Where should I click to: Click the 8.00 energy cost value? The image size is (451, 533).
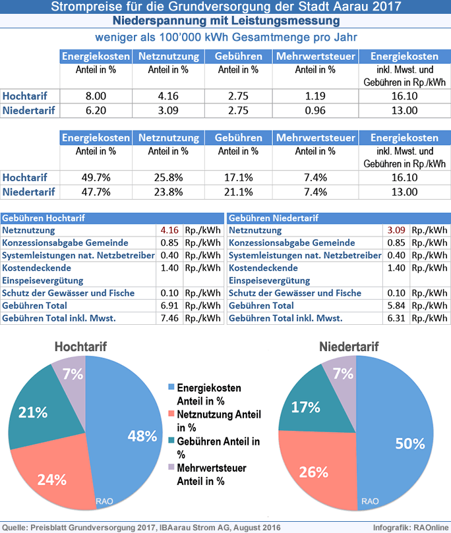[96, 96]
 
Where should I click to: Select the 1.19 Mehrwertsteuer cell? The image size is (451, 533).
[315, 96]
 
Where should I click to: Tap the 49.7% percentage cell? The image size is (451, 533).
[96, 178]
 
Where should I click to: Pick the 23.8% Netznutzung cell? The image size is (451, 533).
[168, 192]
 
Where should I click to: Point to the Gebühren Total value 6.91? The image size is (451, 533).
[169, 306]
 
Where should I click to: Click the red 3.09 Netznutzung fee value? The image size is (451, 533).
[396, 230]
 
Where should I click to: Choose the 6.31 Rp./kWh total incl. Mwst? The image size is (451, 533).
[396, 318]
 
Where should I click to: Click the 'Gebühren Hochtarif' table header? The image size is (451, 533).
[44, 218]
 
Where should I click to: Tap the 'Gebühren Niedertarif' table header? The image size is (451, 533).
[274, 218]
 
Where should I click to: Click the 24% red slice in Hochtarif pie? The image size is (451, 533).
[55, 476]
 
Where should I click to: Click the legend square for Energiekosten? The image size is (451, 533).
[171, 387]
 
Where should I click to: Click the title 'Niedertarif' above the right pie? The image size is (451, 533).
[349, 347]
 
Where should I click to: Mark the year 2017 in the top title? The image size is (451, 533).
[386, 7]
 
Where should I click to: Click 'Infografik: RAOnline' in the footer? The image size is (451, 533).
[411, 528]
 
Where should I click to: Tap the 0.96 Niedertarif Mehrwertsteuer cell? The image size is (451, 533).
[315, 111]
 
